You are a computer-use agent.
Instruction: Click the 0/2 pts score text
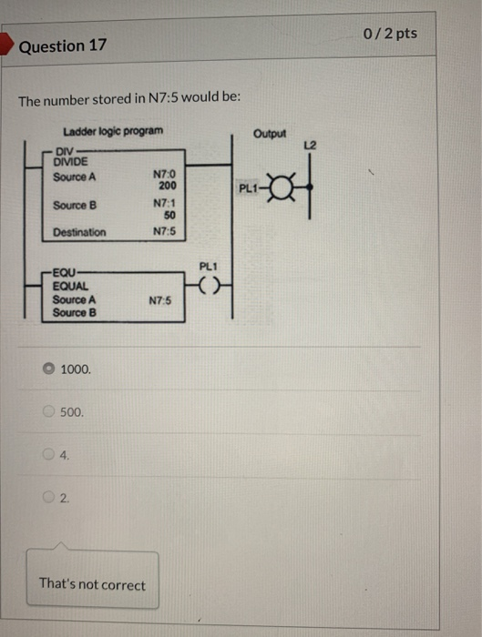pyautogui.click(x=390, y=34)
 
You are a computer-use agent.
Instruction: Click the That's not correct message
pyautogui.click(x=92, y=584)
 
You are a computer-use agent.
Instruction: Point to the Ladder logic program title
pyautogui.click(x=113, y=131)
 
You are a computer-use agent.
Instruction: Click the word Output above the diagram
pyautogui.click(x=270, y=134)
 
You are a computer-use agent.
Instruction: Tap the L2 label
pyautogui.click(x=311, y=146)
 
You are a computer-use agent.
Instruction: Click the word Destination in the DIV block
pyautogui.click(x=78, y=233)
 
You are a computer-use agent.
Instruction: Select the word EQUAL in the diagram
pyautogui.click(x=70, y=286)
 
